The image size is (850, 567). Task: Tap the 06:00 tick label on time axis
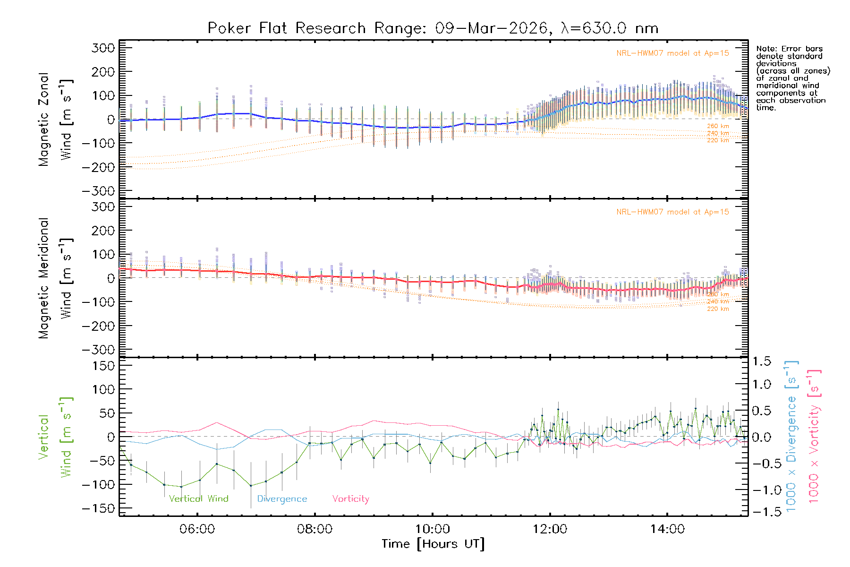tap(197, 529)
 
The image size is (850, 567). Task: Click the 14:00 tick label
tap(667, 529)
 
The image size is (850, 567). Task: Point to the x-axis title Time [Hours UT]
tap(433, 544)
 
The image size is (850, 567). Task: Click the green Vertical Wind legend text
tap(198, 499)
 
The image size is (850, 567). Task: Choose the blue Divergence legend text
tap(282, 499)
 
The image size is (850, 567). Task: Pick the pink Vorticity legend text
tap(350, 499)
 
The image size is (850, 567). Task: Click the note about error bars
tap(792, 78)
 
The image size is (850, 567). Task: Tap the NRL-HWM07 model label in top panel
tap(672, 53)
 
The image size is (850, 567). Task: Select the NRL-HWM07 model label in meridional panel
tap(672, 212)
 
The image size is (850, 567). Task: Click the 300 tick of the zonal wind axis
tap(103, 48)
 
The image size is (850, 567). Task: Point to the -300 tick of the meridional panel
tap(99, 350)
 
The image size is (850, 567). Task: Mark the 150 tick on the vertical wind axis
tap(103, 366)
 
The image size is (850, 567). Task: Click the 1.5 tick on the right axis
tap(761, 361)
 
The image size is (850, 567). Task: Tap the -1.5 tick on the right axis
tap(761, 512)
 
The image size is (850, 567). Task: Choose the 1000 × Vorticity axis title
tap(814, 437)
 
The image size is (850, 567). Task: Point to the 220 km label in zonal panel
tap(718, 140)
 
